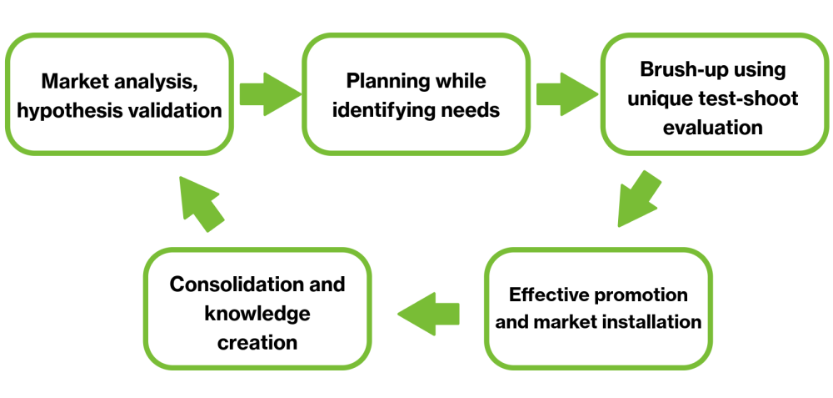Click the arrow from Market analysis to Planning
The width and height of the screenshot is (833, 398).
point(268,93)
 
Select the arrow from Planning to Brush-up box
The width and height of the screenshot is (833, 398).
point(565,93)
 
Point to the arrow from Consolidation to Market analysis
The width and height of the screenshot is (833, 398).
point(202,202)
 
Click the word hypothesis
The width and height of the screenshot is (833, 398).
point(74,110)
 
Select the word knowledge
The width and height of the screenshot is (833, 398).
point(258,313)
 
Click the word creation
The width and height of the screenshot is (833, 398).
point(258,342)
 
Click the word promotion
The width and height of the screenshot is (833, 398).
point(642,295)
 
